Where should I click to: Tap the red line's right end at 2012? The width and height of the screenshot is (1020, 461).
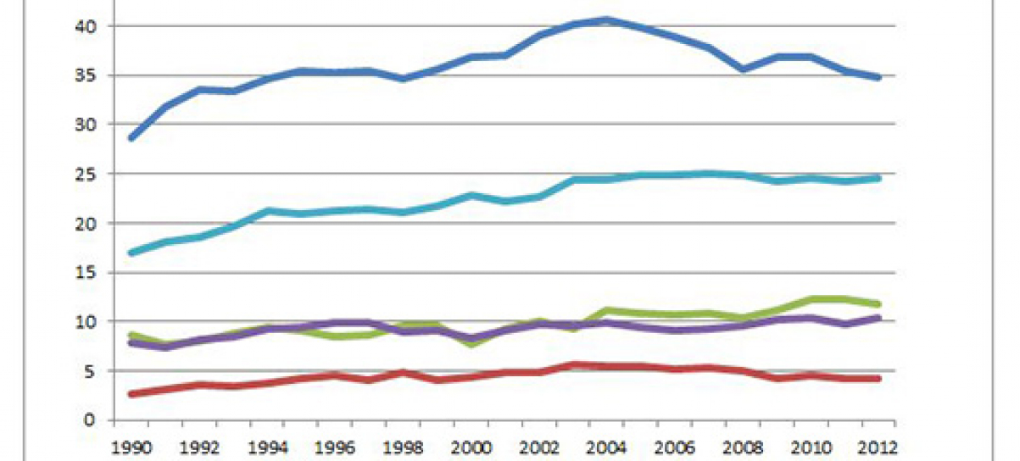tap(878, 379)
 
